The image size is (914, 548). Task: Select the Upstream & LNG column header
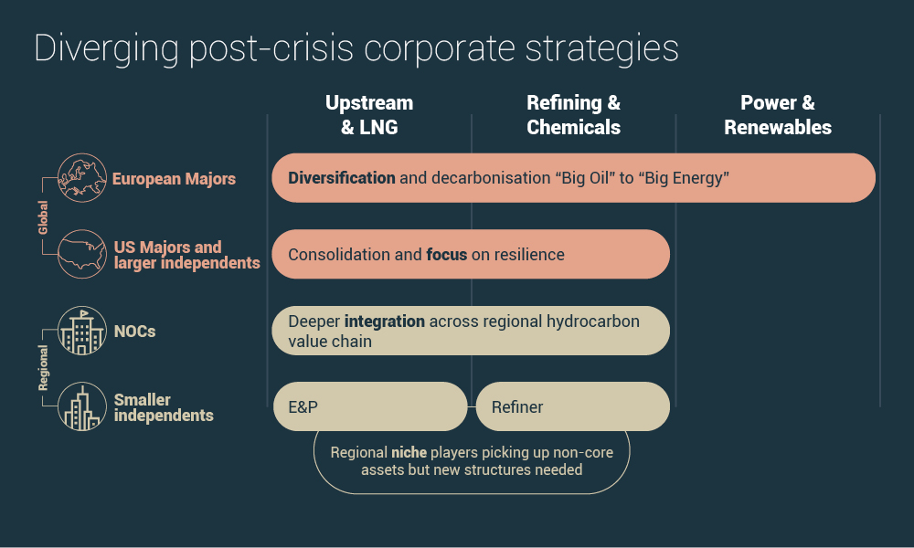pos(369,115)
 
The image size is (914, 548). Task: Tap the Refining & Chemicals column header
pos(573,115)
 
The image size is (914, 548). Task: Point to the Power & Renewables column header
pos(778,115)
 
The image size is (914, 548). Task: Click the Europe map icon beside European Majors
pos(81,177)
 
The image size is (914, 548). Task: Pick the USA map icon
pos(81,254)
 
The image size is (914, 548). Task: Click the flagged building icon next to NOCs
pos(81,331)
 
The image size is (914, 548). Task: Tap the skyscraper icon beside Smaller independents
pos(81,407)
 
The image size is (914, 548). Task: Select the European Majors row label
pos(174,179)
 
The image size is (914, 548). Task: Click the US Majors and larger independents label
pos(186,255)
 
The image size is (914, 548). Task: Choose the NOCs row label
pos(134,331)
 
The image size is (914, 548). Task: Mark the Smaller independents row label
pos(164,407)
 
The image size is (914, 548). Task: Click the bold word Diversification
pos(342,178)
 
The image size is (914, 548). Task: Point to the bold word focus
pos(447,254)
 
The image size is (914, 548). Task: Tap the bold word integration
pos(384,321)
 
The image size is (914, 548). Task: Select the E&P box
pos(370,406)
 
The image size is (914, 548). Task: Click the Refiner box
pos(572,406)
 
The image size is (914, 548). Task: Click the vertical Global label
pos(43,217)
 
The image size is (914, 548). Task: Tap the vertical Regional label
pos(43,368)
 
